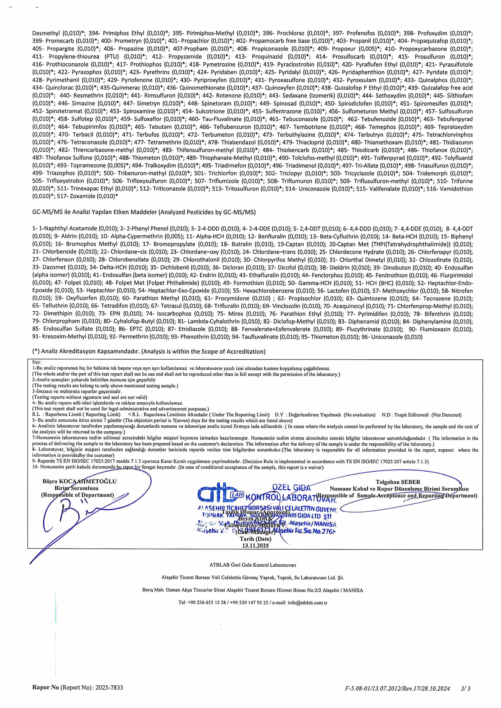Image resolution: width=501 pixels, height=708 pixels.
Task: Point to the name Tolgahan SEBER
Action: tap(398, 482)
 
